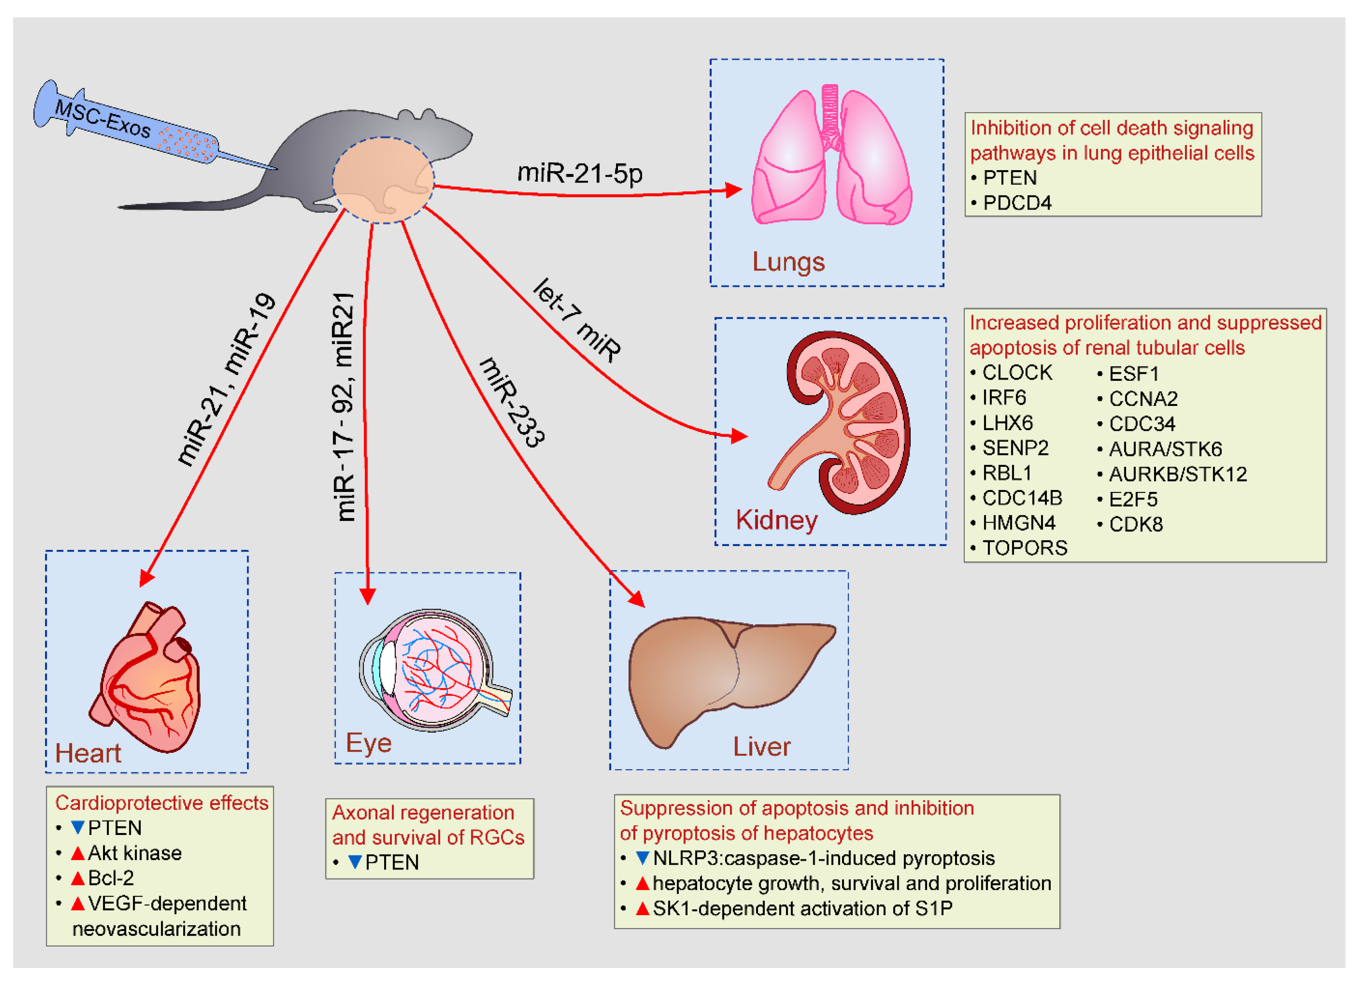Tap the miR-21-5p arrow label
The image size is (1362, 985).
click(x=579, y=174)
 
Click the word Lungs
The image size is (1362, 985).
click(x=788, y=262)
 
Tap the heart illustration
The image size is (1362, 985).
click(x=147, y=679)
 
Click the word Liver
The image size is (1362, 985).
click(x=761, y=747)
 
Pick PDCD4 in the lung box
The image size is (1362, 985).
click(x=1017, y=203)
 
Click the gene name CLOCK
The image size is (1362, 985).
click(x=1017, y=373)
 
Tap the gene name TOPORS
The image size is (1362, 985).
click(x=1024, y=548)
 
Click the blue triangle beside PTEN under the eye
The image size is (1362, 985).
click(x=355, y=862)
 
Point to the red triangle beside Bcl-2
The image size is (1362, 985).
click(x=78, y=878)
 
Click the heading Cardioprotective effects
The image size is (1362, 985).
click(x=161, y=803)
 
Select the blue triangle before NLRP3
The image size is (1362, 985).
click(x=643, y=858)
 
